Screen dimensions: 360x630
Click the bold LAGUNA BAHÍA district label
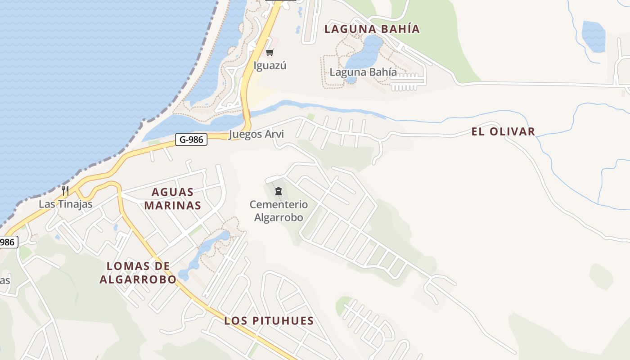pyautogui.click(x=372, y=29)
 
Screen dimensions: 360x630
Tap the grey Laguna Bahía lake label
pyautogui.click(x=363, y=72)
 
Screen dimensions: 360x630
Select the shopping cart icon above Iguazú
pyautogui.click(x=270, y=53)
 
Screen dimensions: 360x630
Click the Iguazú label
pyautogui.click(x=270, y=66)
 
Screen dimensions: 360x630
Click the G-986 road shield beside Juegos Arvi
pyautogui.click(x=191, y=139)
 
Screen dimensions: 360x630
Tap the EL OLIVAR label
pyautogui.click(x=503, y=132)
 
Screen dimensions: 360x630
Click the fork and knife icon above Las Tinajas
pyautogui.click(x=65, y=190)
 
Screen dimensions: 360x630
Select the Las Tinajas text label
pyautogui.click(x=65, y=204)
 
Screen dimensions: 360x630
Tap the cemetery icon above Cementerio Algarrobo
pyautogui.click(x=278, y=192)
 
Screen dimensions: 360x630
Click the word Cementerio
pyautogui.click(x=279, y=205)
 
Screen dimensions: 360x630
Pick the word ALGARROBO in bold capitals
pyautogui.click(x=138, y=279)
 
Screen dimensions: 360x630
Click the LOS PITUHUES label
pyautogui.click(x=269, y=321)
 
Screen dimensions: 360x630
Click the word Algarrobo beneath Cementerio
pyautogui.click(x=279, y=218)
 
